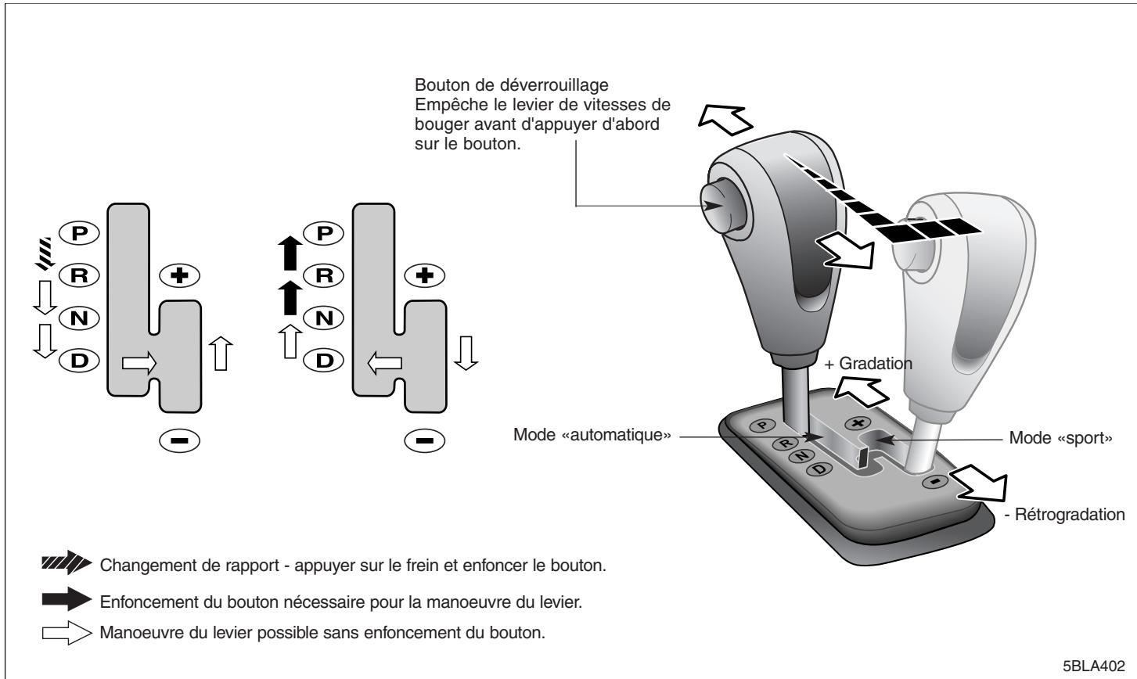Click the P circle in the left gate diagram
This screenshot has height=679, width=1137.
coord(79,233)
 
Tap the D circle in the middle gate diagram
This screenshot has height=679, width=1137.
coord(324,361)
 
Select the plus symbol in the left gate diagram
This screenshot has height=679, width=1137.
coord(180,276)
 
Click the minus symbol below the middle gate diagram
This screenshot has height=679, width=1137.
coord(424,440)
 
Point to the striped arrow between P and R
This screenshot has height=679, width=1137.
coord(44,253)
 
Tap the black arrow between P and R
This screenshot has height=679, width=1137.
coord(290,253)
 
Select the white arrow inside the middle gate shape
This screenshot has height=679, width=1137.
coord(385,363)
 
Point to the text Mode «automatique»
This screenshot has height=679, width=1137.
coord(592,435)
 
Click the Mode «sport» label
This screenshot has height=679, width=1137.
coord(1060,438)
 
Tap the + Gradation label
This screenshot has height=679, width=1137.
coord(869,363)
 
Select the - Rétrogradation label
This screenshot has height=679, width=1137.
coord(1065,515)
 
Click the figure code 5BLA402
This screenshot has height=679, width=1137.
coord(1094,666)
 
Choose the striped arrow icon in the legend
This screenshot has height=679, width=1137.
coord(67,562)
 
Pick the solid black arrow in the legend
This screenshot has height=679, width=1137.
coord(67,599)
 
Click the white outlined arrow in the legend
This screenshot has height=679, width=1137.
coord(67,633)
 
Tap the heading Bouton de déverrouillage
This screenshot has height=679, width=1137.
coord(512,84)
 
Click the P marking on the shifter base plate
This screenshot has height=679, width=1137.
coord(762,426)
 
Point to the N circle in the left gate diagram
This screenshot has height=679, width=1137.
coord(79,318)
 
